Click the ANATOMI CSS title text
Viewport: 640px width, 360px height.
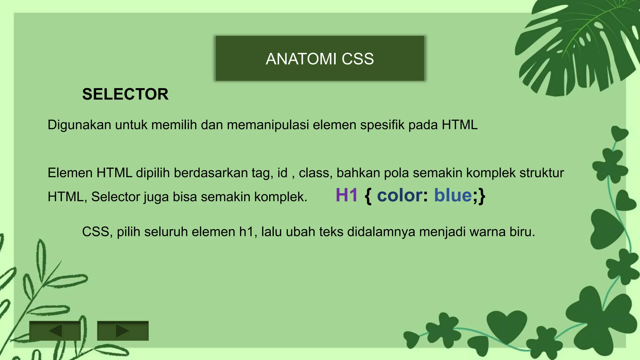point(320,59)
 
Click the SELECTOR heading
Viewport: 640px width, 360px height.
point(125,94)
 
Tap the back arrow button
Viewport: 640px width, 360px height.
point(55,331)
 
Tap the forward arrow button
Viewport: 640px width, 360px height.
point(122,331)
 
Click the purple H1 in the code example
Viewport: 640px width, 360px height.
point(347,195)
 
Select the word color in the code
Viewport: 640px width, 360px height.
point(400,195)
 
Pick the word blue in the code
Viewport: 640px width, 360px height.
point(453,195)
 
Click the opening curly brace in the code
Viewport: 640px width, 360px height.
point(368,196)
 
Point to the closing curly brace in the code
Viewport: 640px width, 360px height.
point(482,196)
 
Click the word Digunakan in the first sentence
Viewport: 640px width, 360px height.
point(79,125)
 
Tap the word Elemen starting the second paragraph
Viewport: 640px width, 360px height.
point(70,173)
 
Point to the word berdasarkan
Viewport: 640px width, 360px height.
point(211,173)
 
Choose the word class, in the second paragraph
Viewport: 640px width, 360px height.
point(315,173)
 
